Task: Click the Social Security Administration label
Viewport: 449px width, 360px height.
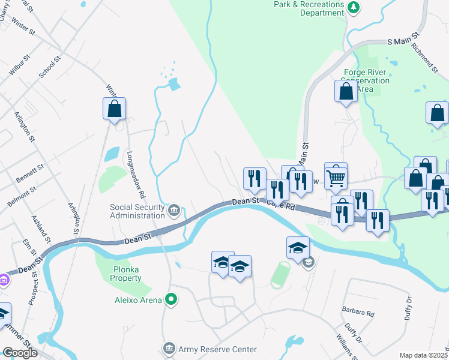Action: (x=137, y=212)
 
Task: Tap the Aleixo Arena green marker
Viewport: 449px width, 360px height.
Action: (x=171, y=298)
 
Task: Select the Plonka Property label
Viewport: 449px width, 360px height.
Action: (x=127, y=274)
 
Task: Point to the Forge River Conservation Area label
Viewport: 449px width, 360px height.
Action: (x=366, y=80)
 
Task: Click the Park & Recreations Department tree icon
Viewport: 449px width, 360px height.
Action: (x=355, y=7)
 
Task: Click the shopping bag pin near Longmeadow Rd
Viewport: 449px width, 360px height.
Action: (x=114, y=109)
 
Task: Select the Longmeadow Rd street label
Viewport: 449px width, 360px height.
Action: (x=135, y=174)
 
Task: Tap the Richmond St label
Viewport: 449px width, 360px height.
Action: (x=423, y=58)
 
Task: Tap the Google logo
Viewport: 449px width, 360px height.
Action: (x=20, y=353)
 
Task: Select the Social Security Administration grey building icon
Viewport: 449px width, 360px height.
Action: (x=174, y=209)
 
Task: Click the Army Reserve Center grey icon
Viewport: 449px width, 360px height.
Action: (x=169, y=349)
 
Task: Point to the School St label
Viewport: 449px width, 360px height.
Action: (x=50, y=68)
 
